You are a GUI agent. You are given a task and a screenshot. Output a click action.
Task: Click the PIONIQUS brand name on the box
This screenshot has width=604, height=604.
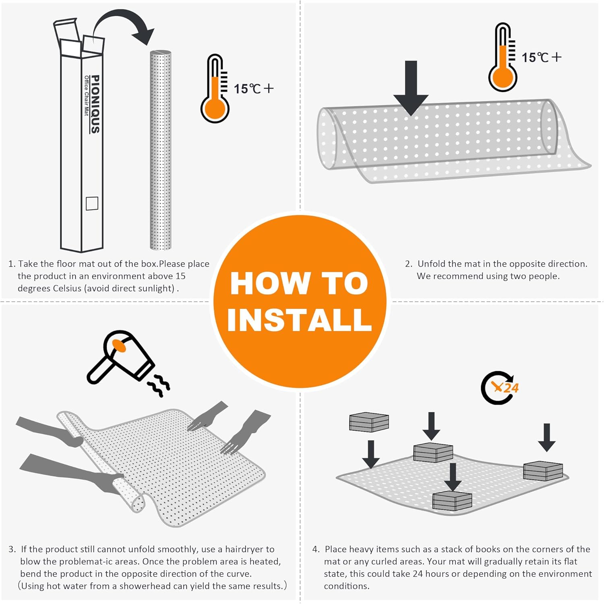click(x=95, y=104)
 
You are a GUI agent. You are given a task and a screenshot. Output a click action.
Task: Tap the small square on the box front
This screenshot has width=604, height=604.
click(x=92, y=203)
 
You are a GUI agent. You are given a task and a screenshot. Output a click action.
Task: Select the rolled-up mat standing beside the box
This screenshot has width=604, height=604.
click(x=161, y=150)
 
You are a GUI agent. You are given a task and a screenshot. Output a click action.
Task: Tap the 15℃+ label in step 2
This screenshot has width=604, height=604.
click(x=542, y=57)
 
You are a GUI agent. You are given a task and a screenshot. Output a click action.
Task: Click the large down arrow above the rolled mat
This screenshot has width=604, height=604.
click(x=411, y=88)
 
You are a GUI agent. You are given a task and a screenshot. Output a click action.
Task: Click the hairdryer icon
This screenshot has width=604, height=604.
click(x=121, y=356)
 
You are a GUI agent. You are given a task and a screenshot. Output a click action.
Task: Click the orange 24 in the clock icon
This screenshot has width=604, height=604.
click(x=511, y=388)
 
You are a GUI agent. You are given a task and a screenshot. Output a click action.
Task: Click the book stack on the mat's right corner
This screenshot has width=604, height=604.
click(x=543, y=471)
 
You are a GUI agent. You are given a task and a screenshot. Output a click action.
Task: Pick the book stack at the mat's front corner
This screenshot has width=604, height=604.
click(x=452, y=501)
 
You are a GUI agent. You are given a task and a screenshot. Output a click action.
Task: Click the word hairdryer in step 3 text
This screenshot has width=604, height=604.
click(x=249, y=549)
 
